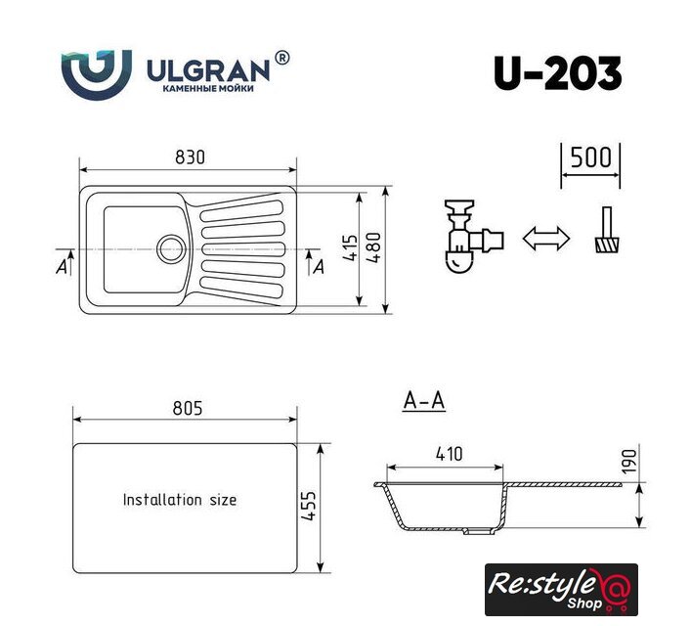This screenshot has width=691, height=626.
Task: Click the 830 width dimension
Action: (190, 157)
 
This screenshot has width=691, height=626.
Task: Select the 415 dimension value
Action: (350, 247)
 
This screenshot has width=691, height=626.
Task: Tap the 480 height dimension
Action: (374, 247)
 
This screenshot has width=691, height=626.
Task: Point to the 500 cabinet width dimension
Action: (590, 157)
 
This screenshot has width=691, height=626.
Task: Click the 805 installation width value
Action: (188, 408)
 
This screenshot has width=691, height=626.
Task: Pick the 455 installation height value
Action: (309, 506)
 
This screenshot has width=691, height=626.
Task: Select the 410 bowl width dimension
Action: (449, 454)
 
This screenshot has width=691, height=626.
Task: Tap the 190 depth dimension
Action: (629, 462)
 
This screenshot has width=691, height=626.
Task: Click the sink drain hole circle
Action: (171, 248)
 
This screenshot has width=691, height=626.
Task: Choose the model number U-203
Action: (557, 73)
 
